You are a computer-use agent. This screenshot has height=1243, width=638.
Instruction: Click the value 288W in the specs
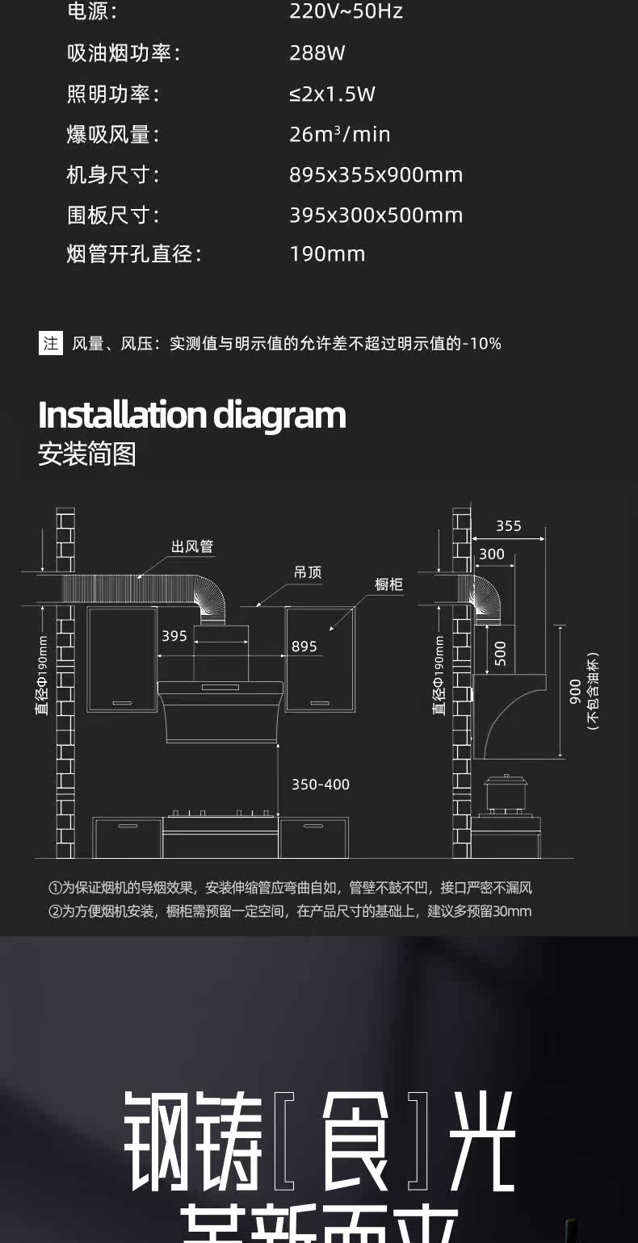click(317, 53)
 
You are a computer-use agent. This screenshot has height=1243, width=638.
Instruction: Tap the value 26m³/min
click(339, 134)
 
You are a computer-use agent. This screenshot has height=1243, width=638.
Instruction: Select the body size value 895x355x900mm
click(376, 174)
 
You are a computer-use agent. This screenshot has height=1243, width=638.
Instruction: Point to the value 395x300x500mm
click(376, 215)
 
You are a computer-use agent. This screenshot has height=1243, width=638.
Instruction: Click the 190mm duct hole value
click(327, 253)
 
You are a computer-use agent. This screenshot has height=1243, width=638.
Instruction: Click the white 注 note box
click(51, 343)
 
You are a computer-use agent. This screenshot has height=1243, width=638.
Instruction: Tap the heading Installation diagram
click(192, 415)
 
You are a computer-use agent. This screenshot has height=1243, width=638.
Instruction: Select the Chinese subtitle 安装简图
click(87, 454)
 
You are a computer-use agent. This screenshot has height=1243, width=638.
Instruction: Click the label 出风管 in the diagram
click(192, 546)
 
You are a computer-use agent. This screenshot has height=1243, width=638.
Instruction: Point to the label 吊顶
click(308, 572)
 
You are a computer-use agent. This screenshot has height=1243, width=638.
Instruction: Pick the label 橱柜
click(389, 584)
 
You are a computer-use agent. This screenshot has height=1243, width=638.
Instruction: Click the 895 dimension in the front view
click(304, 646)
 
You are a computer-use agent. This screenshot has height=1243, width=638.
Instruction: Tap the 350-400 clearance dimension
click(321, 785)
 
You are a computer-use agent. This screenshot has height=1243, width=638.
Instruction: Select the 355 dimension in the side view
click(509, 526)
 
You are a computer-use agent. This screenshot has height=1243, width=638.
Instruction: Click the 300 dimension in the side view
click(491, 554)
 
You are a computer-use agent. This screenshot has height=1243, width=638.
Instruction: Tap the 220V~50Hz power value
click(346, 12)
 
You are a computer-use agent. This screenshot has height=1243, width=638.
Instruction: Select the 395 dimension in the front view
click(174, 636)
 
